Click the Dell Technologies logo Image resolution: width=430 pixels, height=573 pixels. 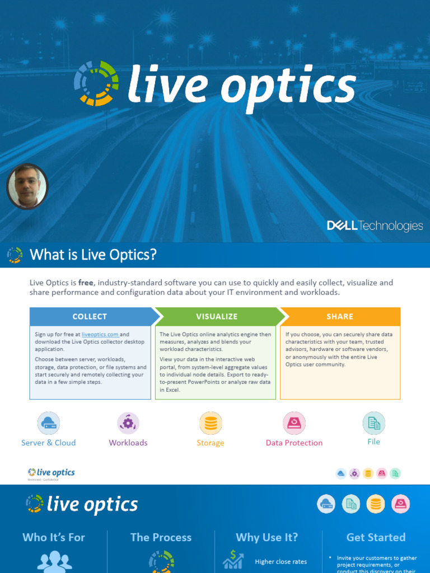point(375,226)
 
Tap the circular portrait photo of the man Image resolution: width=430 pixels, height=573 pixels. point(27,186)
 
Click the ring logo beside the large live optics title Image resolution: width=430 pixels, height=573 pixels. point(96,83)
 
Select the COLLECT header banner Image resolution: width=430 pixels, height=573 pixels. point(90,316)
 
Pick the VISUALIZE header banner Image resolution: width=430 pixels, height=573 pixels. point(217,316)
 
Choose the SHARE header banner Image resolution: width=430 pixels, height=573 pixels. point(340,316)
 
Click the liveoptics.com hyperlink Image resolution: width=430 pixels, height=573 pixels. point(100,335)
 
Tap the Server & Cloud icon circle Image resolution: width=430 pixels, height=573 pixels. point(49,423)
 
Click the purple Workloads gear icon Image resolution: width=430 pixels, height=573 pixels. point(128,423)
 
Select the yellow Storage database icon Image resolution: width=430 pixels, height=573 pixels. point(211,423)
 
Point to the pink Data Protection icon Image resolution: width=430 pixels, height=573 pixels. point(294,423)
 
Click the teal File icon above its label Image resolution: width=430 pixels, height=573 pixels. point(373,423)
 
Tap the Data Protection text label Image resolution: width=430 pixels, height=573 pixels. point(294,443)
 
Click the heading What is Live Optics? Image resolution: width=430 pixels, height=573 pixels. point(93,255)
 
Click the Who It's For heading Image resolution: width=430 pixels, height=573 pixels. point(54,537)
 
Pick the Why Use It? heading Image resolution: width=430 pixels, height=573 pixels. point(267,537)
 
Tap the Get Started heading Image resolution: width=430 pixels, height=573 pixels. point(376,537)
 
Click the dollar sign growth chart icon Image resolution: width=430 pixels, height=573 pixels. point(233,558)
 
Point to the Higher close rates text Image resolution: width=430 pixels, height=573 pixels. point(281,562)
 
